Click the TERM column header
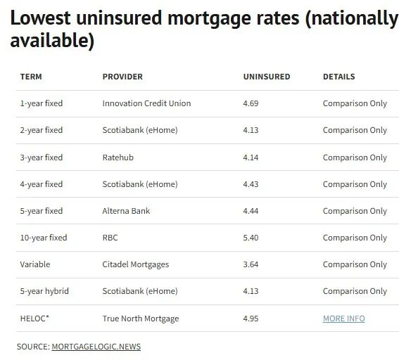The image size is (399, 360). pos(31,77)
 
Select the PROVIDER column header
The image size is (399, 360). pos(122,77)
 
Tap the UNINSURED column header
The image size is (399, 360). pos(267,77)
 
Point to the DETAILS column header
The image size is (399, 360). pos(339,77)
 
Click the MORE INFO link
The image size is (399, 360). pos(344,319)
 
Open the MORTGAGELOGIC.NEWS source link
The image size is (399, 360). pos(96,347)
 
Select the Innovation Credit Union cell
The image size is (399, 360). pos(146,103)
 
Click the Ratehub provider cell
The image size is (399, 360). pos(118,157)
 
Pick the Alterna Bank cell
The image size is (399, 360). pos(126,211)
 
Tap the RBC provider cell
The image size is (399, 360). pos(110,238)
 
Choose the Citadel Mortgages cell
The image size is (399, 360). pos(136,264)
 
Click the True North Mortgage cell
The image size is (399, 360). pos(141,319)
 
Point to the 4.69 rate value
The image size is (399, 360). pos(251,103)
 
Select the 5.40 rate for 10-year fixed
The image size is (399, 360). pos(251,238)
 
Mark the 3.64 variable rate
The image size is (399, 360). pos(251,264)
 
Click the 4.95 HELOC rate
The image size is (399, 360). pos(251,319)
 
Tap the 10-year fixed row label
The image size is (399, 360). pos(44,238)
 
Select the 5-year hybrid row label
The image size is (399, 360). pos(44,291)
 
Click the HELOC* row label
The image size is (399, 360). pos(34,319)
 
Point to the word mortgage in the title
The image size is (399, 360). pos(209,19)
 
